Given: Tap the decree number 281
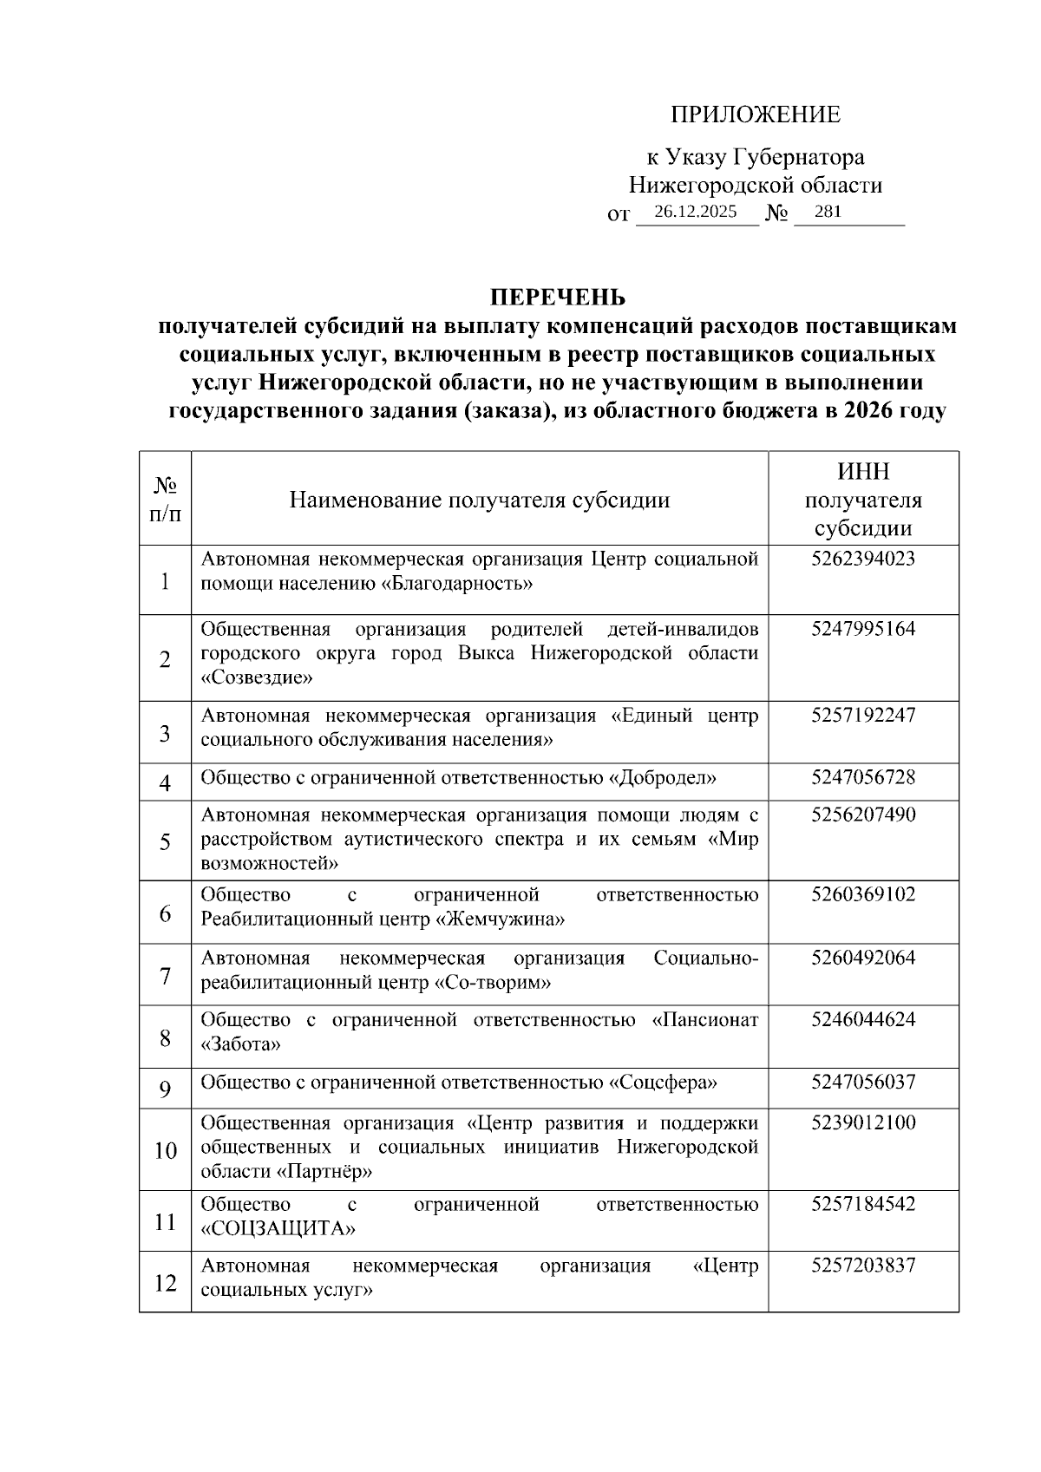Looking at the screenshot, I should pos(828,212).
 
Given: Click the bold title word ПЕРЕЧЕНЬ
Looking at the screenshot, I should pos(558,298).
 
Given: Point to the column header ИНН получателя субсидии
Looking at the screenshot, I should pos(862,500).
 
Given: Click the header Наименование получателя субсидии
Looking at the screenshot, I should pos(479,500).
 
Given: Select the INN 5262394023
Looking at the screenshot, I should pos(862,559).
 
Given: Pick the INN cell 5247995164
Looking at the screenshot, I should pos(862,629).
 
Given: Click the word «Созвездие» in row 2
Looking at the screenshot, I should pos(256,678).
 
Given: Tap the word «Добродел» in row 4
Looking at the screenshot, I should pos(664,778).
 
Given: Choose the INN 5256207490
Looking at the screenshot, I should pos(862,815).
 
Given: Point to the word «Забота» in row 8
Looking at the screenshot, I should pos(240,1045).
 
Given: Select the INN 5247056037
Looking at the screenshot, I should pos(862,1083).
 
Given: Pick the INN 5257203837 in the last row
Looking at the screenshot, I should pos(862,1266).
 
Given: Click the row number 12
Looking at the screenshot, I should pos(165,1283).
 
